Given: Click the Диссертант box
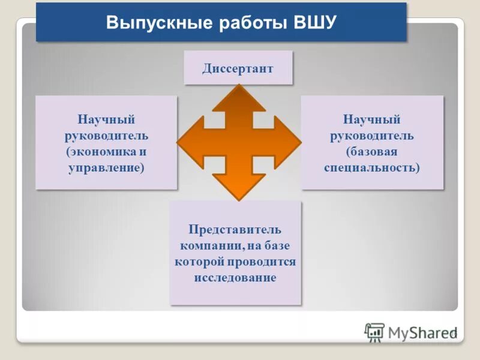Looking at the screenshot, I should point(238,68).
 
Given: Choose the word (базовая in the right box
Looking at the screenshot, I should point(372,152).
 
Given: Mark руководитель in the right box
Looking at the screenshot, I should point(372,136).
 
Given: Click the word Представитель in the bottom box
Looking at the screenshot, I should point(235,230).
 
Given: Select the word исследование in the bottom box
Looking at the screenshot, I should point(235,278).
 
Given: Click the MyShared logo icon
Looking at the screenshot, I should point(374,332).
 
